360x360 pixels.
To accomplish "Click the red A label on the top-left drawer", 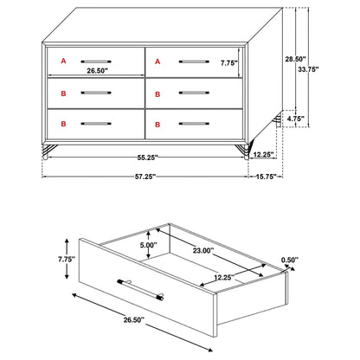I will [61, 61].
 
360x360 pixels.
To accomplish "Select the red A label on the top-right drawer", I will [157, 61].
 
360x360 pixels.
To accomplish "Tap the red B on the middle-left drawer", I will [61, 92].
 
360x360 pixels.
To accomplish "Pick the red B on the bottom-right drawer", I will [157, 123].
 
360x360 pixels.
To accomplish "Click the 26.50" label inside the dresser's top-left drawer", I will [98, 72].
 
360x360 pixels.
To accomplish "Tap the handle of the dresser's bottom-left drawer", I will [98, 123].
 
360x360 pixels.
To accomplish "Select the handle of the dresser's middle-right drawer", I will [192, 92].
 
